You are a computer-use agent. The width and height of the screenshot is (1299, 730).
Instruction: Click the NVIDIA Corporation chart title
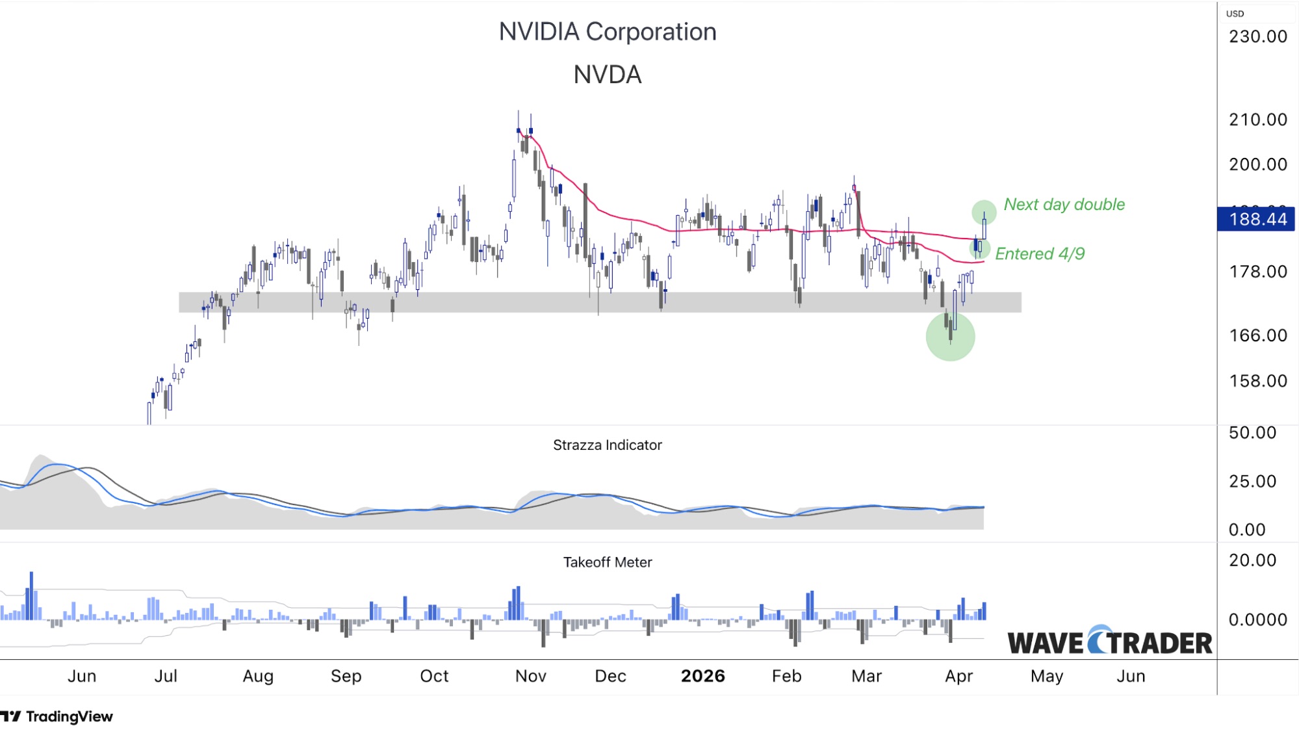pos(607,32)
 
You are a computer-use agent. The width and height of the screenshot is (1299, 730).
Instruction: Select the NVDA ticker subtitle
pos(607,75)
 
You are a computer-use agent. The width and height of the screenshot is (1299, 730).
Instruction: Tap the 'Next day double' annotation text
pos(1064,204)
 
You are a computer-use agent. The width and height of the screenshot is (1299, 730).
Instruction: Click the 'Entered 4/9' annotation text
pos(1039,254)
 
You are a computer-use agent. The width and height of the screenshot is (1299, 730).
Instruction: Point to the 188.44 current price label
pos(1257,219)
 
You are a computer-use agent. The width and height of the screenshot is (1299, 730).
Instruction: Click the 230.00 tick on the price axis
pos(1257,36)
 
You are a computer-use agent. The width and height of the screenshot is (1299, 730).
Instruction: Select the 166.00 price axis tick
pos(1257,335)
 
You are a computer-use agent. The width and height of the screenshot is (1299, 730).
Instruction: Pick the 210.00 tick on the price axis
pos(1257,120)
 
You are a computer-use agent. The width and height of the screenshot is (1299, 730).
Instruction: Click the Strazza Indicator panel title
pos(607,445)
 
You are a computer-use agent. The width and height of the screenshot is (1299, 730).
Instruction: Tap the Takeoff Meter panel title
pos(607,562)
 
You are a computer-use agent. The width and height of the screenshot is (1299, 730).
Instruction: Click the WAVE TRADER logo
pos(1109,642)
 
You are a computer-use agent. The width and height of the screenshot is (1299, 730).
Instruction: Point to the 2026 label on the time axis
pos(702,676)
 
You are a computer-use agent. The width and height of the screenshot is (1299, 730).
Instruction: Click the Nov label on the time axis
pos(530,676)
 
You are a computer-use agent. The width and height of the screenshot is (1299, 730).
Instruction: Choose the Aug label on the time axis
pos(258,676)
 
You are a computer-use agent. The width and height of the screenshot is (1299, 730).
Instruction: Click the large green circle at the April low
pos(950,337)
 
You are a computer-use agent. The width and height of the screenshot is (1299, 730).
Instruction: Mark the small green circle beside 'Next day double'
pos(983,211)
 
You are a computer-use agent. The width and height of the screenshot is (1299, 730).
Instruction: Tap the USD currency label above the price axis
pos(1235,14)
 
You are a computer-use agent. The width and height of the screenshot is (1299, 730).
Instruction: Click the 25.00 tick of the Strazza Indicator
pos(1252,481)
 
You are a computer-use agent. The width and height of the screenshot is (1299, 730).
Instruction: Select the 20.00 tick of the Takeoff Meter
pos(1252,560)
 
